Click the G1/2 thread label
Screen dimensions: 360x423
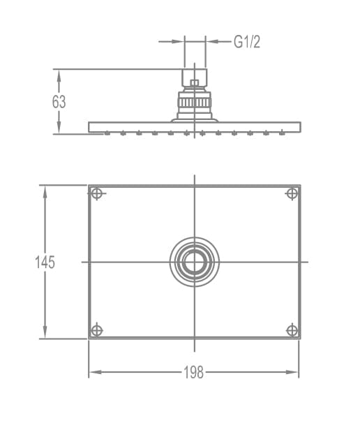(247, 42)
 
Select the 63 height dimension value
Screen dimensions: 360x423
(59, 102)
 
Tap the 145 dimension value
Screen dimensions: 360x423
(45, 262)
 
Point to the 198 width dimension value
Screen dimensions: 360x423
(194, 372)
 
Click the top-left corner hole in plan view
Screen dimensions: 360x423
(96, 193)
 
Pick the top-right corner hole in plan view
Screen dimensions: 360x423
(292, 193)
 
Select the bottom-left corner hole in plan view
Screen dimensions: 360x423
(96, 330)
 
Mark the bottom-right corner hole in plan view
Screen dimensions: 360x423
(292, 330)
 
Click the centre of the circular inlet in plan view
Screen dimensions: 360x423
(195, 262)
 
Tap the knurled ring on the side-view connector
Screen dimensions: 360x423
(195, 103)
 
